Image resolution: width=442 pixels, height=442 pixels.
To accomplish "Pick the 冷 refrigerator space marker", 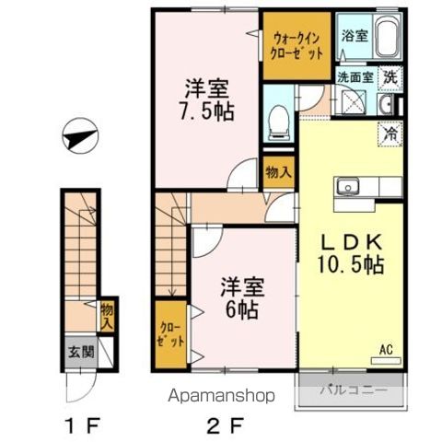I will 390,134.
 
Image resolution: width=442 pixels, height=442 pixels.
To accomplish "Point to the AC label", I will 388,349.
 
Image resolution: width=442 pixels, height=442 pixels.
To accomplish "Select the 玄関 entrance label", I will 76,351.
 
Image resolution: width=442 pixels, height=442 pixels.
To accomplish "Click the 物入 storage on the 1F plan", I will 106,317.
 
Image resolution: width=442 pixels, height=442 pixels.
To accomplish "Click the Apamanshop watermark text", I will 221,397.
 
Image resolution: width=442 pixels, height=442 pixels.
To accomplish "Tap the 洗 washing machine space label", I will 391,78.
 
